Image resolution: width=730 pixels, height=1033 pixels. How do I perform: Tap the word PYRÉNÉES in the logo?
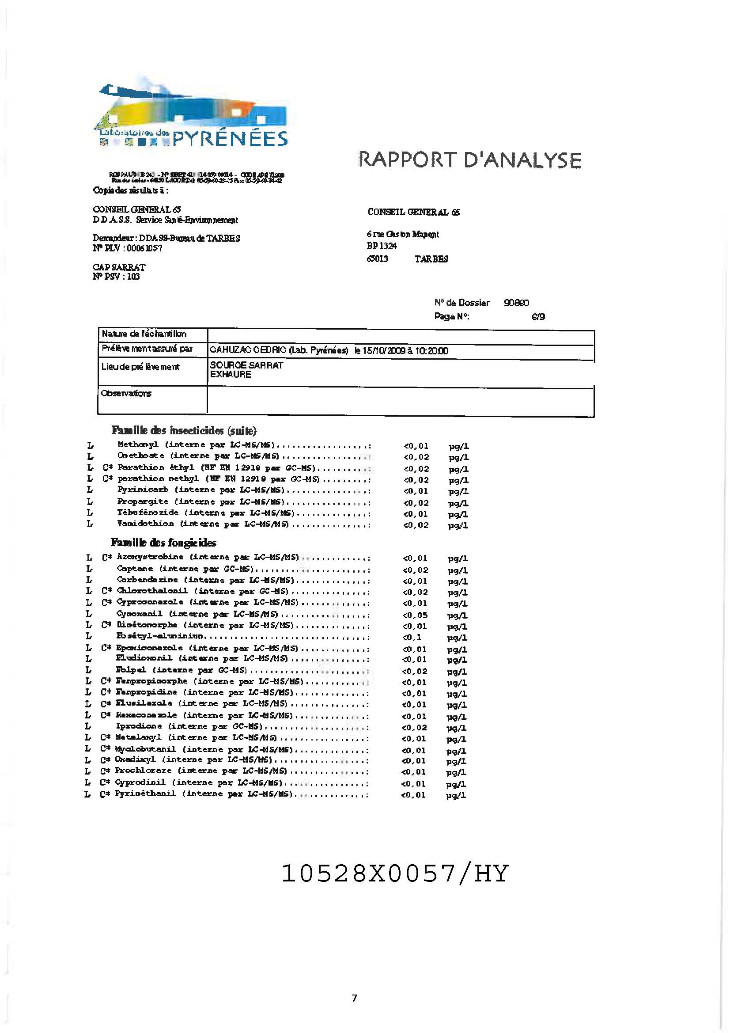tap(229, 138)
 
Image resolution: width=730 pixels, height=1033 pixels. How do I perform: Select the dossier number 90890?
tap(516, 303)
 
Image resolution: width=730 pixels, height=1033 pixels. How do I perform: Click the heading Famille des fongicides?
tap(163, 542)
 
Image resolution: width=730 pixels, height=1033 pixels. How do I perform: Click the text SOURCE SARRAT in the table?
tap(246, 365)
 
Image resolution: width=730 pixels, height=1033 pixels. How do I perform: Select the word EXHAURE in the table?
tap(230, 374)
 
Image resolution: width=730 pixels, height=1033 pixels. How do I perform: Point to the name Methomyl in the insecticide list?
tap(138, 444)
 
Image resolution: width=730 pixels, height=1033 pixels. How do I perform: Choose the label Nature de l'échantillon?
tap(144, 334)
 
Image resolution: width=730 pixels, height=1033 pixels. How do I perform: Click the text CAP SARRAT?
tap(119, 267)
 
